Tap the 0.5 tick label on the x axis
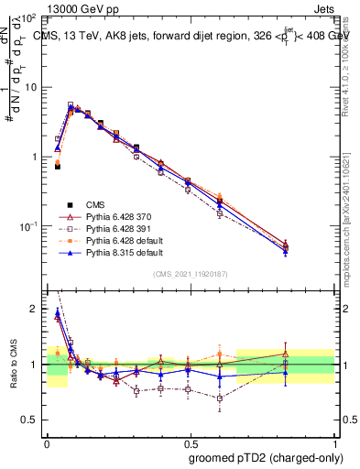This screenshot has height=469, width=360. tap(191, 442)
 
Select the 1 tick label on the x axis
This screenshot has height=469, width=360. tap(333, 442)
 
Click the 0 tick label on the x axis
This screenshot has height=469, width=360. tap(48, 442)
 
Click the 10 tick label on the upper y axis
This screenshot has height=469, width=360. tap(30, 87)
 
